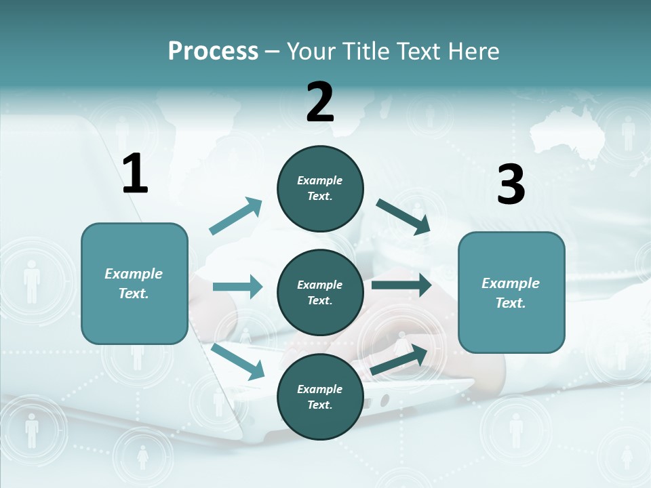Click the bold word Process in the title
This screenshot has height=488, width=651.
coord(213,52)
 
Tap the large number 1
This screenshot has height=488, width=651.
coord(135,174)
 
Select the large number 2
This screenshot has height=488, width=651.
coord(320,102)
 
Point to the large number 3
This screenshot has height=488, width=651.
coord(511,185)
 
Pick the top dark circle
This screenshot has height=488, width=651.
coord(320,188)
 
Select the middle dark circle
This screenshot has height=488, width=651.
coord(320,292)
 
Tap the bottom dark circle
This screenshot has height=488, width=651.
coord(320,396)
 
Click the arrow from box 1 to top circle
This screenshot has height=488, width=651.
coord(236,216)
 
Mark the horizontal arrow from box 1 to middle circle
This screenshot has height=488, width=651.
coord(237,287)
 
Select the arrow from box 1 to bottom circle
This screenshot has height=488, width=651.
coord(238,361)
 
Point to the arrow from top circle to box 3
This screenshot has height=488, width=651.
coord(403,217)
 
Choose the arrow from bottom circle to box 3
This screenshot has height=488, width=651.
coord(399,360)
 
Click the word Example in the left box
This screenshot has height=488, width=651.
coord(134,274)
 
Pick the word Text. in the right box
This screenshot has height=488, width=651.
coord(511,303)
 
